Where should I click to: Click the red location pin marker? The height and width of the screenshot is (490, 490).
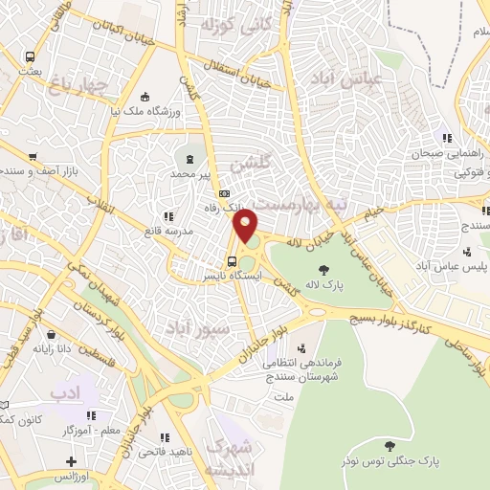tap(247, 227)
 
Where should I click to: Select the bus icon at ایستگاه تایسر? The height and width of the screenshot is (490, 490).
tap(232, 260)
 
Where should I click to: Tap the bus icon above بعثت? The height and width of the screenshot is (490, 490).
tap(32, 56)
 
